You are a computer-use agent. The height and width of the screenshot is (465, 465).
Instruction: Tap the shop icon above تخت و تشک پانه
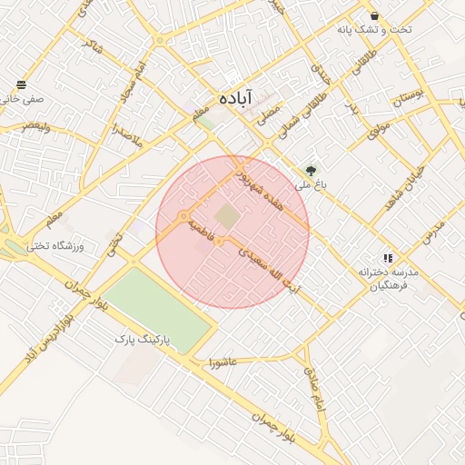374,15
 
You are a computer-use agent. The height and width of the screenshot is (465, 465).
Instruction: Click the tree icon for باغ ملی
312,170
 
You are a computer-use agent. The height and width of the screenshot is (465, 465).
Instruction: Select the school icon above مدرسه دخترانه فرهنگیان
389,258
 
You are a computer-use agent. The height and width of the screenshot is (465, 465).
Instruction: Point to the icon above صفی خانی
21,84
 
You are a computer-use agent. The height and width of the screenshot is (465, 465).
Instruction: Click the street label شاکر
92,43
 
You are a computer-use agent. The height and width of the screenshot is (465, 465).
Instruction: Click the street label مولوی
379,128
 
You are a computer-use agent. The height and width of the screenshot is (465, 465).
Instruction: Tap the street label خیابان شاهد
401,188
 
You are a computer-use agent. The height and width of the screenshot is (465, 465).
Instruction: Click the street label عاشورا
223,362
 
